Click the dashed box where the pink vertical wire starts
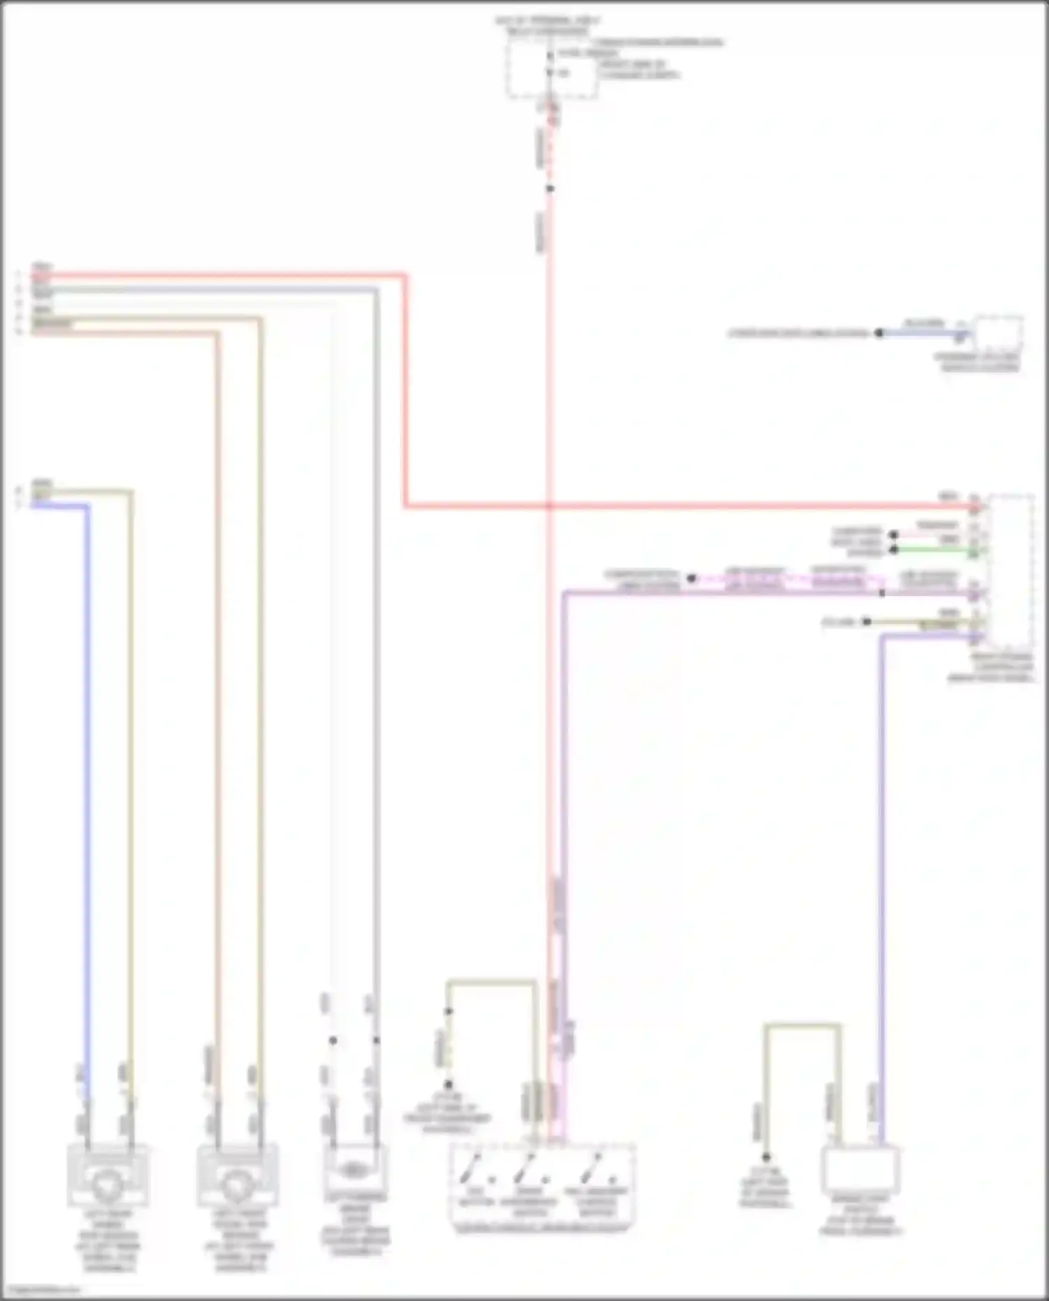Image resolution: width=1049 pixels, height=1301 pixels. (552, 69)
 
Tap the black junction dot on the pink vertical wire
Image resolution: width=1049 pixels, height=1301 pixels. (550, 189)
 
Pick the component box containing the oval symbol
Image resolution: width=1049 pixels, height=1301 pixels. (355, 1169)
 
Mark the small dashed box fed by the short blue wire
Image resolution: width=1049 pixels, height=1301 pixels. (998, 335)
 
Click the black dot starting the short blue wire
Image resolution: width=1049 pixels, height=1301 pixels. (879, 333)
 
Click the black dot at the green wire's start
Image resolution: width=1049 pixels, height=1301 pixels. (893, 550)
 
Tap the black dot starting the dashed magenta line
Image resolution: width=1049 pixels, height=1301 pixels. (691, 578)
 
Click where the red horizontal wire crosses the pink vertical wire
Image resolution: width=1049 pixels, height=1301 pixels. (550, 505)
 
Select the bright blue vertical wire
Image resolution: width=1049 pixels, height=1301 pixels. (87, 769)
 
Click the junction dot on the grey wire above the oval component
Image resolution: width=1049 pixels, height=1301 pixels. (376, 1040)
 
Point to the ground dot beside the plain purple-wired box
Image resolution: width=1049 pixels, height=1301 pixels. (766, 1157)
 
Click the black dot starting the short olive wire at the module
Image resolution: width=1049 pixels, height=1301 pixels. (866, 621)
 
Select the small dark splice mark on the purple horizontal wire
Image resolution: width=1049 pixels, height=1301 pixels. (882, 594)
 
